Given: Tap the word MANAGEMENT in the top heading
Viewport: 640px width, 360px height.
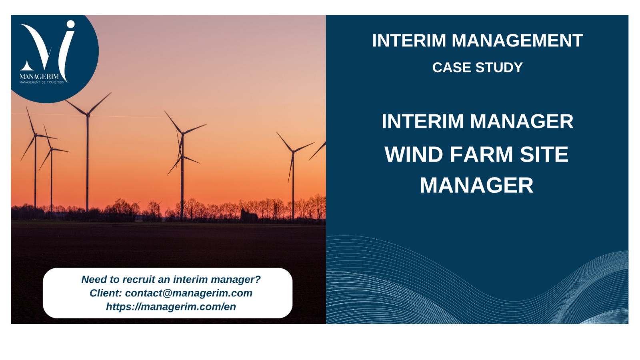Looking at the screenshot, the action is click(518, 40).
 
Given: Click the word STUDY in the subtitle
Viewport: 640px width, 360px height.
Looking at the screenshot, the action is click(499, 68).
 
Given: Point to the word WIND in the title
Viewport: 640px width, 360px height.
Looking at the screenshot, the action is click(414, 154).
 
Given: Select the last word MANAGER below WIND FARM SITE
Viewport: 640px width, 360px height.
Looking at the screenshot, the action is click(476, 186).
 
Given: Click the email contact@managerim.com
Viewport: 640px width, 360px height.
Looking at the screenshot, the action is click(188, 293).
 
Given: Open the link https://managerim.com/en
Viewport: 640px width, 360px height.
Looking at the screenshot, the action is click(171, 307).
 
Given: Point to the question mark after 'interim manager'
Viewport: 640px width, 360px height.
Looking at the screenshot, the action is click(258, 279).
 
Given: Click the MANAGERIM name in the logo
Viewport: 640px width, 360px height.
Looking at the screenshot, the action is click(39, 76).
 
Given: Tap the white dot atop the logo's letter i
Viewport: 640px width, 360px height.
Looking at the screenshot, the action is click(70, 24).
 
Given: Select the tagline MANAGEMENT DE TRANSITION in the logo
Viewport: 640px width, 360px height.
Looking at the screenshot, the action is click(42, 82).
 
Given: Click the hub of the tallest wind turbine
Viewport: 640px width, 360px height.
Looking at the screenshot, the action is click(88, 115).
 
